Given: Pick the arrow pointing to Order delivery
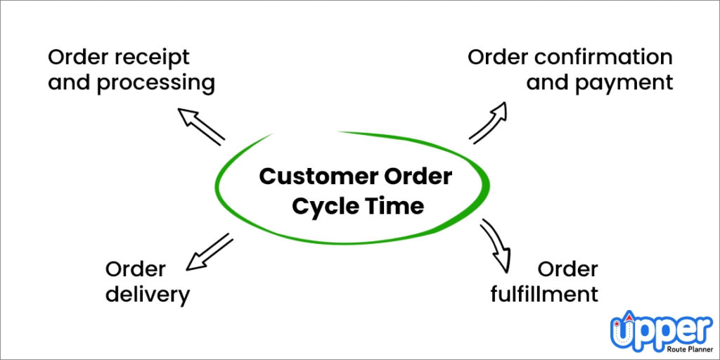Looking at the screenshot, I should [x=209, y=252].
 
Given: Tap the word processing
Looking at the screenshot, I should [x=156, y=83].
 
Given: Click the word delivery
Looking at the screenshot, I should [x=148, y=294].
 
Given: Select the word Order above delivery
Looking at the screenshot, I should [x=136, y=268].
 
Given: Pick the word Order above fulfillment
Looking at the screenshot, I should [x=568, y=268].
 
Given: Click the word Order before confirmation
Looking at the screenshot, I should [x=498, y=56].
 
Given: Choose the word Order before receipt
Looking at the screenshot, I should [x=77, y=56].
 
